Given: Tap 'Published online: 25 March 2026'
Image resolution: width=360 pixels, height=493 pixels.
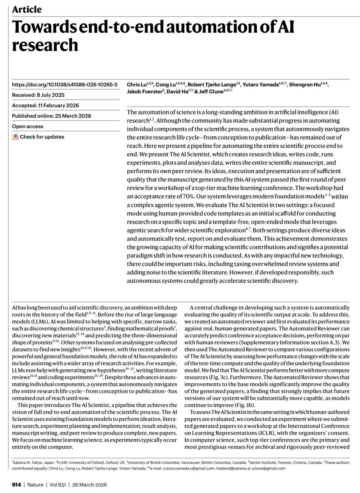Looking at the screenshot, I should point(51,116).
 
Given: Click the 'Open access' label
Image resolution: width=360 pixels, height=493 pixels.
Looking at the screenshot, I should point(28,127).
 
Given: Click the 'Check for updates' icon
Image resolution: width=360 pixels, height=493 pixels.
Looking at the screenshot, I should point(16,137).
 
